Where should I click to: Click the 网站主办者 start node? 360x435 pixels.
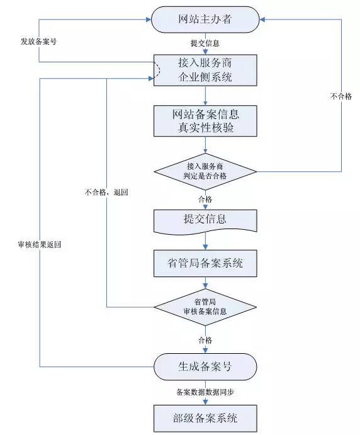pyautogui.click(x=205, y=20)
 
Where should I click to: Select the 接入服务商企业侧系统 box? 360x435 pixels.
pyautogui.click(x=205, y=70)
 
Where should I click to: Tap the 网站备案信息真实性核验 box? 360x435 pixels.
pyautogui.click(x=205, y=121)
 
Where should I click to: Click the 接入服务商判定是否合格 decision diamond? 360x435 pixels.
pyautogui.click(x=205, y=172)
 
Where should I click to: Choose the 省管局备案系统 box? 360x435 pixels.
pyautogui.click(x=205, y=263)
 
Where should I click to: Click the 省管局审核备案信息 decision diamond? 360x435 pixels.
pyautogui.click(x=205, y=307)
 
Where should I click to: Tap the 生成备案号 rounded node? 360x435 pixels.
pyautogui.click(x=205, y=367)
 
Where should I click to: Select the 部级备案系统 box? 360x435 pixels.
pyautogui.click(x=205, y=419)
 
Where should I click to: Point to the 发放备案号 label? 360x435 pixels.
pyautogui.click(x=38, y=42)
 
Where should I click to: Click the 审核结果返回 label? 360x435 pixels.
pyautogui.click(x=40, y=244)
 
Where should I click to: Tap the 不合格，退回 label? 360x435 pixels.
pyautogui.click(x=106, y=192)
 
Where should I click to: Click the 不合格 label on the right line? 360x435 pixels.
pyautogui.click(x=341, y=96)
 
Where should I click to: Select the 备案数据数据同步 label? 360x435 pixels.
pyautogui.click(x=205, y=392)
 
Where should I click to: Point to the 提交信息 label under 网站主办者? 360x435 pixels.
pyautogui.click(x=205, y=43)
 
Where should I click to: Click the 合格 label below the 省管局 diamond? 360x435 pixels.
pyautogui.click(x=205, y=340)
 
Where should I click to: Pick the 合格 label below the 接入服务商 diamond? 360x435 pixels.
pyautogui.click(x=205, y=199)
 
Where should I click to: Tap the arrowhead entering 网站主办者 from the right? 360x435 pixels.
pyautogui.click(x=262, y=20)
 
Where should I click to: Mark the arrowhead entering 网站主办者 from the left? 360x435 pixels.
pyautogui.click(x=148, y=20)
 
